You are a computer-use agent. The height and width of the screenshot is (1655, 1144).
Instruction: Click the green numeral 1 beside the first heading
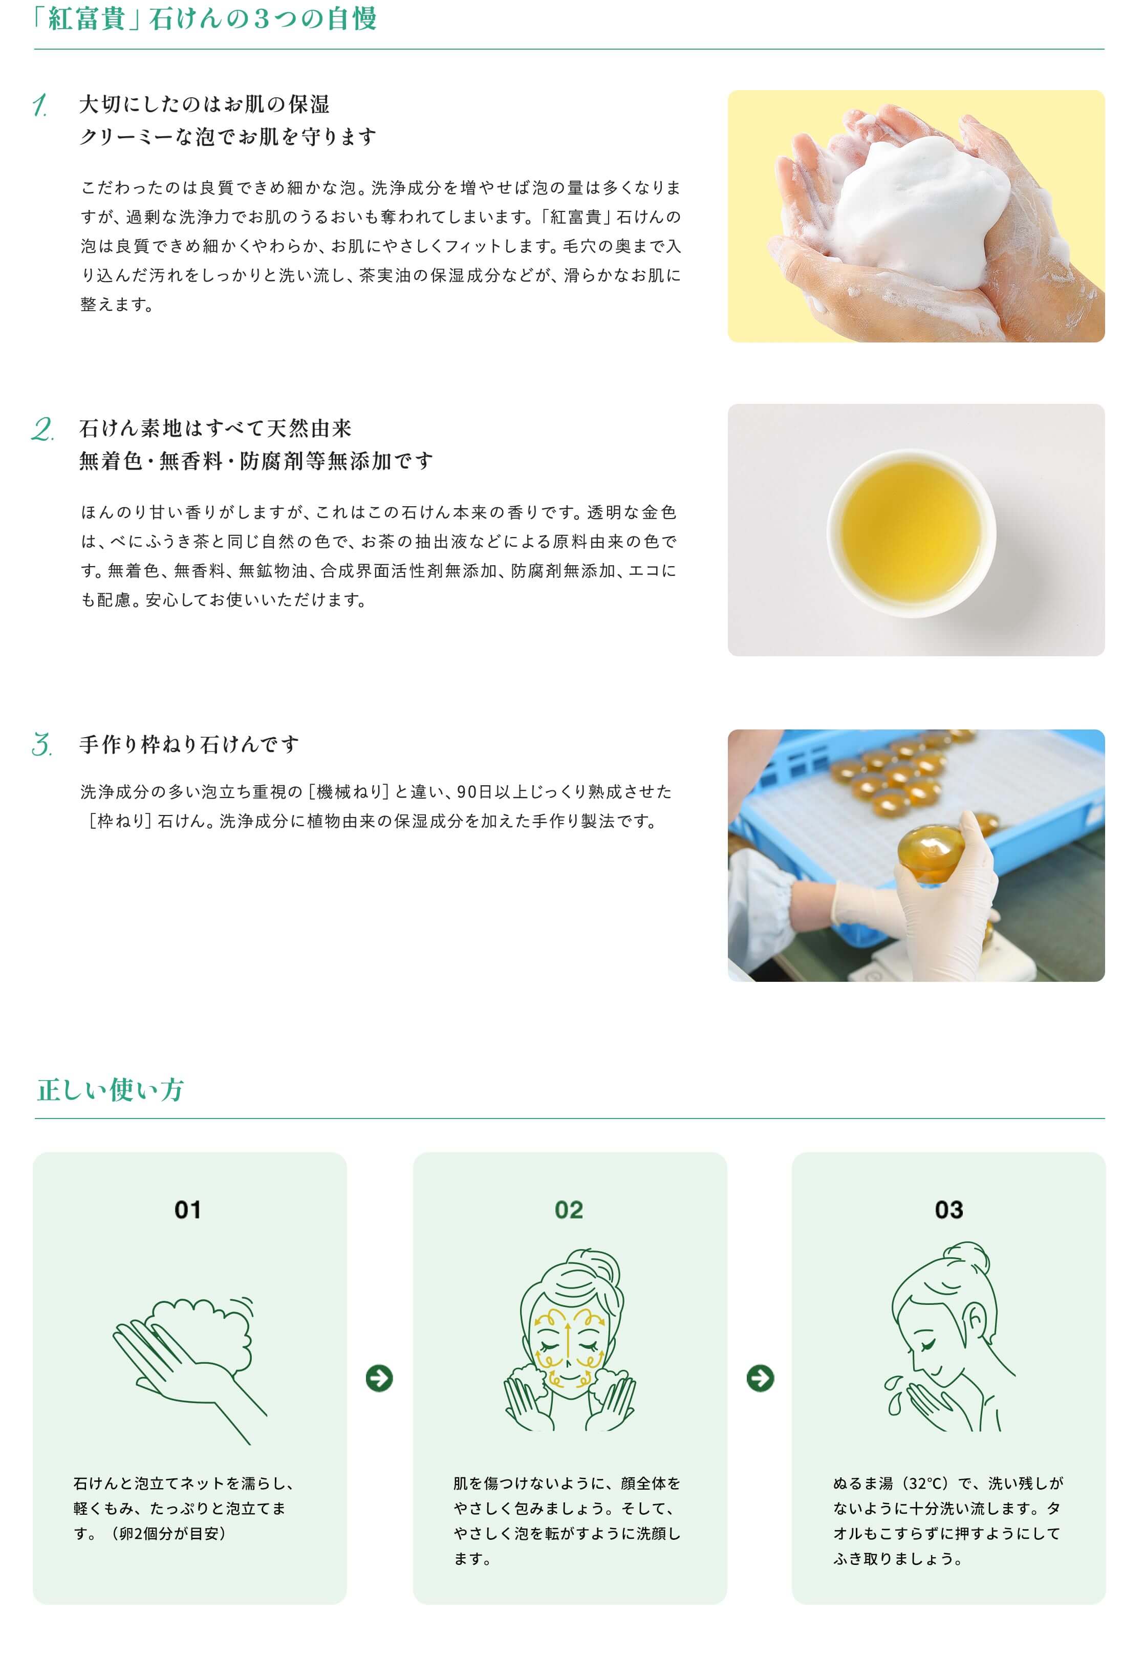(x=40, y=105)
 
